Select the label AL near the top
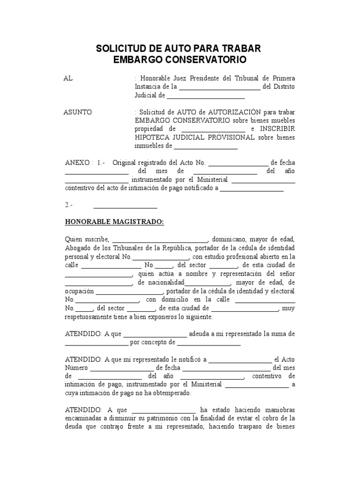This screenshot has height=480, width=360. [x=68, y=78]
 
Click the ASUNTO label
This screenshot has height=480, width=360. [x=78, y=112]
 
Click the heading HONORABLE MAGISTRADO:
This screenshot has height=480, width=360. [x=114, y=222]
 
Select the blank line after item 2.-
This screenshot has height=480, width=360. [x=125, y=206]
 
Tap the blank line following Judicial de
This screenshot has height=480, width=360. [x=206, y=96]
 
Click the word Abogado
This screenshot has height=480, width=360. [x=78, y=247]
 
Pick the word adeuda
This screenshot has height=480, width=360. [x=202, y=334]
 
